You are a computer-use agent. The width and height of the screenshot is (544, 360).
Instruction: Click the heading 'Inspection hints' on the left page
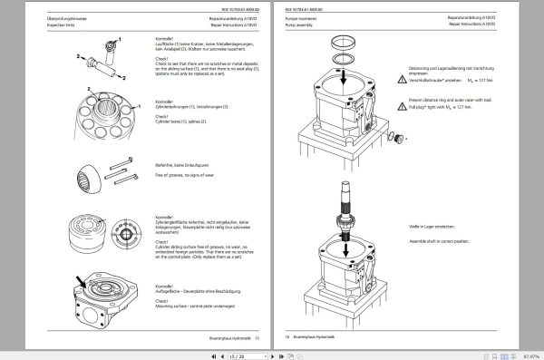click(34, 24)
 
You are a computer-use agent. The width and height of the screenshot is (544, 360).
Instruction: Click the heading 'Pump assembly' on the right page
click(300, 24)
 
